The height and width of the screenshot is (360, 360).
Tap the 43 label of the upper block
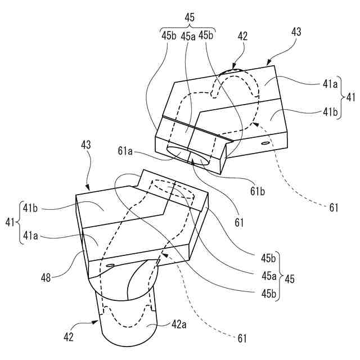click(296, 32)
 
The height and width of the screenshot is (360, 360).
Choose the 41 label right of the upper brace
click(350, 97)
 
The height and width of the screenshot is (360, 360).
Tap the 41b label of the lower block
click(30, 207)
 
